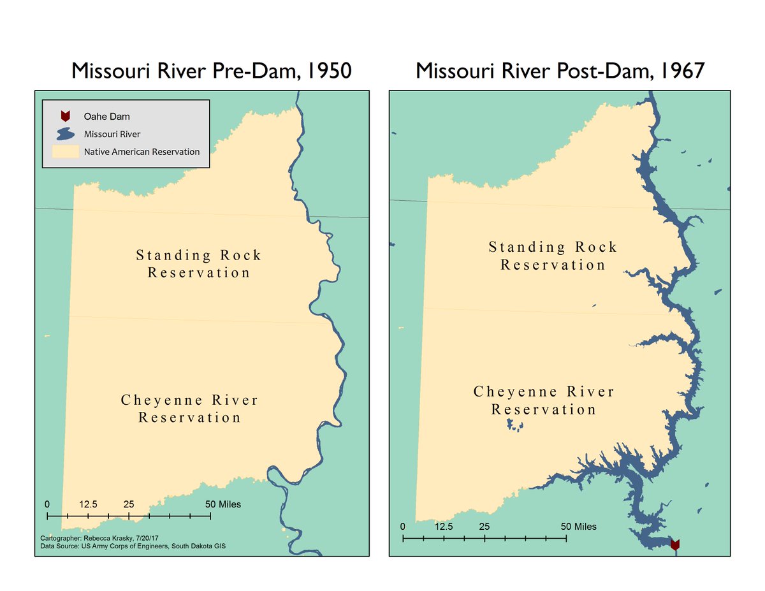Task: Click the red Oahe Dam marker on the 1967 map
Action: pyautogui.click(x=675, y=544)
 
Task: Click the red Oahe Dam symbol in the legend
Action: pyautogui.click(x=64, y=116)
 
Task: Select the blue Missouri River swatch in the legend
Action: pyautogui.click(x=64, y=135)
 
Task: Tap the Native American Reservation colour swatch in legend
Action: pyautogui.click(x=65, y=152)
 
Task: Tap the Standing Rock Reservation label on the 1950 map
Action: pyautogui.click(x=199, y=264)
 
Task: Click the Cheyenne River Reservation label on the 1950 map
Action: pyautogui.click(x=190, y=409)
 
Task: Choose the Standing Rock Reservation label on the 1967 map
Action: pyautogui.click(x=553, y=256)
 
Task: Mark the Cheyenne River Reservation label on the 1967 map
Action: pyautogui.click(x=544, y=400)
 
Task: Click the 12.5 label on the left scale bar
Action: pyautogui.click(x=88, y=504)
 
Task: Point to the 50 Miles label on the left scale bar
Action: pyautogui.click(x=223, y=504)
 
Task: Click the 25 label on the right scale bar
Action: pyautogui.click(x=484, y=527)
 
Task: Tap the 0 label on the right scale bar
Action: pyautogui.click(x=402, y=527)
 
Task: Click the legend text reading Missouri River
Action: pyautogui.click(x=112, y=135)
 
